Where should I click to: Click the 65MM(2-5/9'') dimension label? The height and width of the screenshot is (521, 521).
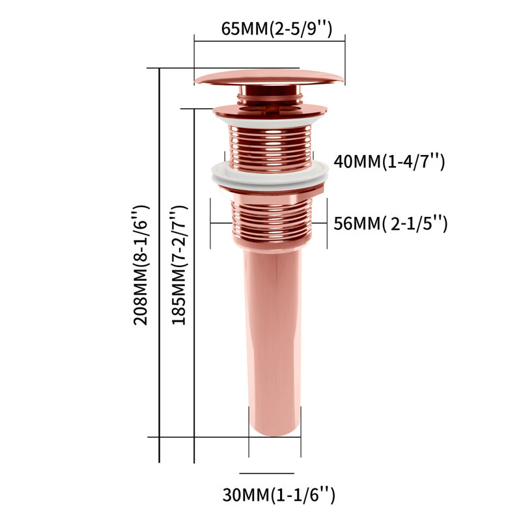click(276, 29)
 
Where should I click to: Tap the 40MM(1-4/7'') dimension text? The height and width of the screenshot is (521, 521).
click(389, 162)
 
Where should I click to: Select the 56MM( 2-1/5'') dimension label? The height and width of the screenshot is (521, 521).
click(391, 223)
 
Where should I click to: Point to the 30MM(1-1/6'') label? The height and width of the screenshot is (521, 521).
click(279, 495)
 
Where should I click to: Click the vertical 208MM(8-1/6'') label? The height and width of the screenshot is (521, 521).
click(141, 265)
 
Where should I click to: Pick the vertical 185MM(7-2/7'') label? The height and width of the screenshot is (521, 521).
click(180, 265)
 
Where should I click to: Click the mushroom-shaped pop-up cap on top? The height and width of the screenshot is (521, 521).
click(269, 77)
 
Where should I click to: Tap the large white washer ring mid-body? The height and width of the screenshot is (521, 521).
click(270, 175)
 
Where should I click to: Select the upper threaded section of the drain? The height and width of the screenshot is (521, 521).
click(270, 148)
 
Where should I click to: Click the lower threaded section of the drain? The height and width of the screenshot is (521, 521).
click(272, 219)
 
